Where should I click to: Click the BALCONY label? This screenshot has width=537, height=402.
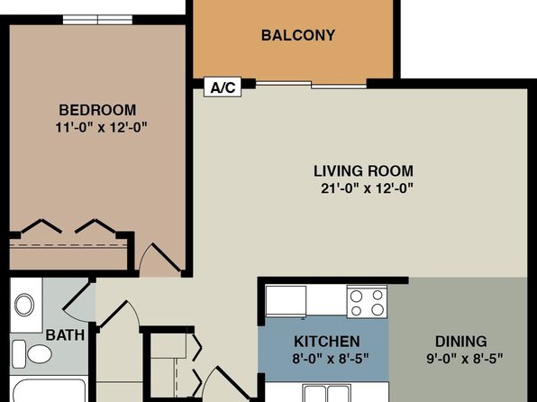click(x=298, y=35)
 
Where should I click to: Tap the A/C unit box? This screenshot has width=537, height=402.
click(x=223, y=87)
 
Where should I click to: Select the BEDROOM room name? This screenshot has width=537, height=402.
click(x=97, y=110)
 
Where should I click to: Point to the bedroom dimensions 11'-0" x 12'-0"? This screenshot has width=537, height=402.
click(x=101, y=127)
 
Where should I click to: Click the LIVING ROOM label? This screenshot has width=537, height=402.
click(x=363, y=171)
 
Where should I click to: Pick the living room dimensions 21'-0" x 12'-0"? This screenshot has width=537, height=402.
click(x=367, y=188)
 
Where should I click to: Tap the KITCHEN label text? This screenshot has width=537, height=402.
click(x=327, y=342)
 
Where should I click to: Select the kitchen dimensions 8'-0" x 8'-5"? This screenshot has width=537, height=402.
click(x=331, y=359)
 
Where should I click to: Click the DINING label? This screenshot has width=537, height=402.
click(x=460, y=342)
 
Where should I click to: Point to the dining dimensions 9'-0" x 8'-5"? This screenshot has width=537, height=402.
click(x=464, y=359)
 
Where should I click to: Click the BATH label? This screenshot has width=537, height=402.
click(x=65, y=334)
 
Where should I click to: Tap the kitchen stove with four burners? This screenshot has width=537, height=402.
click(x=367, y=302)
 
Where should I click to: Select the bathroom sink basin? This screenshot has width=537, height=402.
click(x=24, y=305)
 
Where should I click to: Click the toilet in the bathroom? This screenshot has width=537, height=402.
click(x=32, y=353)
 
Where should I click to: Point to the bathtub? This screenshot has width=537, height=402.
click(x=49, y=390)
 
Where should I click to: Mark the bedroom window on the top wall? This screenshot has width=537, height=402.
click(x=97, y=20)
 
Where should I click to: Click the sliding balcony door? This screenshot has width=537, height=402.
click(x=312, y=85)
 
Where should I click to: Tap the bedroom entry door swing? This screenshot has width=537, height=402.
click(x=160, y=259)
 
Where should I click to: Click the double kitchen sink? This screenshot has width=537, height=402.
click(x=327, y=393)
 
